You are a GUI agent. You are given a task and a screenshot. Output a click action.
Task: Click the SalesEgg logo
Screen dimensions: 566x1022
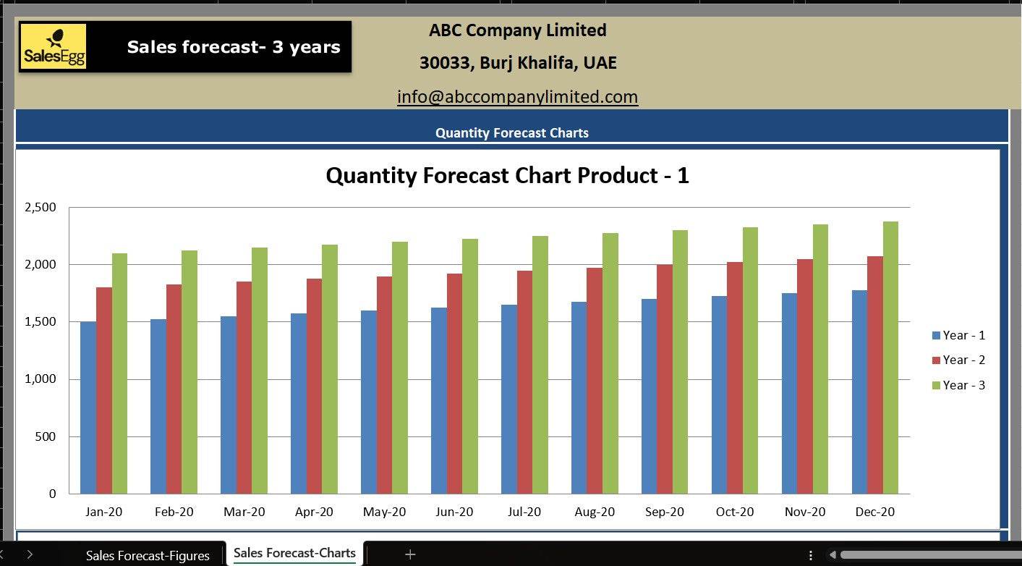[x=54, y=47]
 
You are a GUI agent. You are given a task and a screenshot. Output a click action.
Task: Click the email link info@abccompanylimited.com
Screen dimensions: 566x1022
[x=517, y=97]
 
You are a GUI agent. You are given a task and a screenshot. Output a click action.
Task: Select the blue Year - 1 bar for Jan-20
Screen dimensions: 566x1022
[x=88, y=408]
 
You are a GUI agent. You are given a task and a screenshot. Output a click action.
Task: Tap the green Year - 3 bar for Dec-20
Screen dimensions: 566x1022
[x=890, y=358]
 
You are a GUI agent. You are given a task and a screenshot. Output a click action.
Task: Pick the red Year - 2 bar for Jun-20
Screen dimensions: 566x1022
[x=454, y=384]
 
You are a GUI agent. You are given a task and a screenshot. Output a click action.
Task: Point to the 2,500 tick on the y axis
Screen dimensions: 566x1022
[x=41, y=208]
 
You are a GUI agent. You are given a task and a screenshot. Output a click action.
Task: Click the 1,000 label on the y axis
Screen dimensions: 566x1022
[x=41, y=379]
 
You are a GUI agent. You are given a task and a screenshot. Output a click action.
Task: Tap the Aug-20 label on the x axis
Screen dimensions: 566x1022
[x=595, y=512]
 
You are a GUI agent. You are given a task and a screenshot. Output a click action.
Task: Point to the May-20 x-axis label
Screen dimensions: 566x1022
[x=384, y=512]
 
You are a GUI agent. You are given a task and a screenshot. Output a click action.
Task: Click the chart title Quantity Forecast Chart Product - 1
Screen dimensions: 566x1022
[x=507, y=176]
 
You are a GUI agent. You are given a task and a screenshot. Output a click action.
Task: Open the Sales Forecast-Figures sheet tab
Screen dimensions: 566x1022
[x=148, y=555]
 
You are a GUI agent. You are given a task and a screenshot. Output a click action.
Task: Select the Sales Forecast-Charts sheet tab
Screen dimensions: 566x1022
[x=294, y=554]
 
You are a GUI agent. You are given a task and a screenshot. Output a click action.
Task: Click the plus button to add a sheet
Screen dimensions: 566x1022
[x=410, y=554]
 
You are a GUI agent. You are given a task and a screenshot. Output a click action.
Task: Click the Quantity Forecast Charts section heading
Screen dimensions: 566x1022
[x=511, y=133]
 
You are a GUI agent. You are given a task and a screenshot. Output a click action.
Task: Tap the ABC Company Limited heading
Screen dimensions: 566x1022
[x=517, y=30]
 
